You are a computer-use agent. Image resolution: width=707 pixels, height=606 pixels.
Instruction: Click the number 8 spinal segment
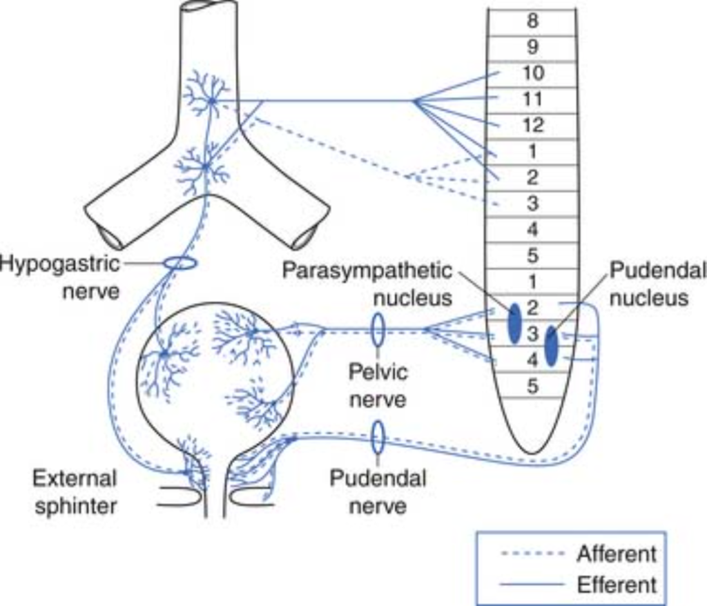coord(532,21)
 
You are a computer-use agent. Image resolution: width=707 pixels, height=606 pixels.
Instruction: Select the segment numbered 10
coord(532,72)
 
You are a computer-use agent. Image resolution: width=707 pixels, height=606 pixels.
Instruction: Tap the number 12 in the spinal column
coord(532,125)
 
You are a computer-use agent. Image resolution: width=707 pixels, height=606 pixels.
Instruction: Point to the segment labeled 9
coord(532,47)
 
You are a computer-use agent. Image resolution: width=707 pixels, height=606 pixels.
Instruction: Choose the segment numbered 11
coord(532,99)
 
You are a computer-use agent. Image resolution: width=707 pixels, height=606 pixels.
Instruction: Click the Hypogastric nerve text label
coord(60,276)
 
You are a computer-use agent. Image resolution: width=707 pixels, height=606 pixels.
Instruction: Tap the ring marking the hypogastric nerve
coord(180,264)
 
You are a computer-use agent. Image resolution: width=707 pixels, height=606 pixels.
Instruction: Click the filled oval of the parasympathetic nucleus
coord(514,323)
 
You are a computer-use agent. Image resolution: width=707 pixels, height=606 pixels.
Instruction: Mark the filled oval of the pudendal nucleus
coord(551,346)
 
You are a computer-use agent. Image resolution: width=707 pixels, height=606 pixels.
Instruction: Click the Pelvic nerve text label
coord(378,386)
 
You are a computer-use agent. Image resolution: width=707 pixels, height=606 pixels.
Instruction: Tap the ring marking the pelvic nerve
coord(378,330)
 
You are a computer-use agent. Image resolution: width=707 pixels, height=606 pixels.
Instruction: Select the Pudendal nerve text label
coord(378,491)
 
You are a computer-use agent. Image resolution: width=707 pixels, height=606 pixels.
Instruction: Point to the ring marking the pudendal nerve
coord(378,438)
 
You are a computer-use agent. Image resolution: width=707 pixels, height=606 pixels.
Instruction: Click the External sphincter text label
coord(75,491)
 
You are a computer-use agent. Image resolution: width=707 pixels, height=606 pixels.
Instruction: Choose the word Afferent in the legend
coord(616,554)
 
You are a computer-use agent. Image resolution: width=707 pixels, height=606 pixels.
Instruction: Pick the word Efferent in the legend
coord(616,585)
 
